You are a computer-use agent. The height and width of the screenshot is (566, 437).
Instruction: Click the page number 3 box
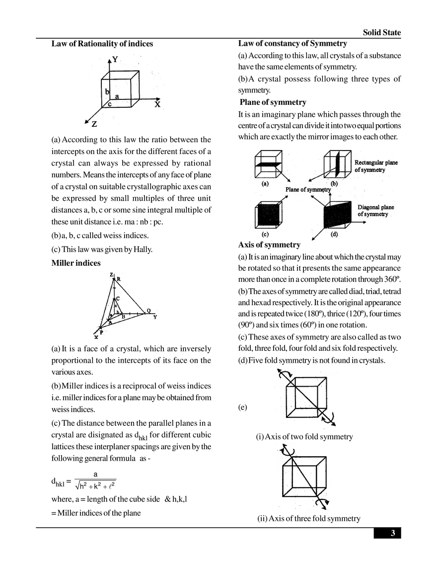[387, 533]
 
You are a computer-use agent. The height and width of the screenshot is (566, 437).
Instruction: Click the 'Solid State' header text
[382, 32]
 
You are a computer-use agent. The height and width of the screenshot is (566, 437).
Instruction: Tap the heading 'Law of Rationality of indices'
[102, 44]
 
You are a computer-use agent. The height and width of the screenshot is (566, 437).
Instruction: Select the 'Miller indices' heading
[76, 263]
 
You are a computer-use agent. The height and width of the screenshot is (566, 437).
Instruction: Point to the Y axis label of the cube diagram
[115, 59]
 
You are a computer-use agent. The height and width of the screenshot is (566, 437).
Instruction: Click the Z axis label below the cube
[94, 124]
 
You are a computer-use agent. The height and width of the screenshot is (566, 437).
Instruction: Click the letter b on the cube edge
[107, 92]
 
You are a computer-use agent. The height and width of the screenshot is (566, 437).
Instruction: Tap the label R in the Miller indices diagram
[119, 279]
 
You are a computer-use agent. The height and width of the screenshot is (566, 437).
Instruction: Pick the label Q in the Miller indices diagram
[148, 311]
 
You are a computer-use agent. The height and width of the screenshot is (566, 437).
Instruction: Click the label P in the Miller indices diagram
[101, 332]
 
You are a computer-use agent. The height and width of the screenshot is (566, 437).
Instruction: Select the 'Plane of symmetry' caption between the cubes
[308, 189]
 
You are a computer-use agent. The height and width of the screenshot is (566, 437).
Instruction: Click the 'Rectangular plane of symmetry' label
[376, 166]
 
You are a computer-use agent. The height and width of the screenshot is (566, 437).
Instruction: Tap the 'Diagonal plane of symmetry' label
[375, 211]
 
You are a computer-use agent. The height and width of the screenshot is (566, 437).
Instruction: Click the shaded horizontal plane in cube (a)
[268, 165]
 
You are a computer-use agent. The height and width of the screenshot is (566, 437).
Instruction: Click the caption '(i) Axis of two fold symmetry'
[304, 437]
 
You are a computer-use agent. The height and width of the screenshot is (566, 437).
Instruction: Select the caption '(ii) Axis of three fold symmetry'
[308, 519]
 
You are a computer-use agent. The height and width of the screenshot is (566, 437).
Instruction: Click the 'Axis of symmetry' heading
[269, 245]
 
